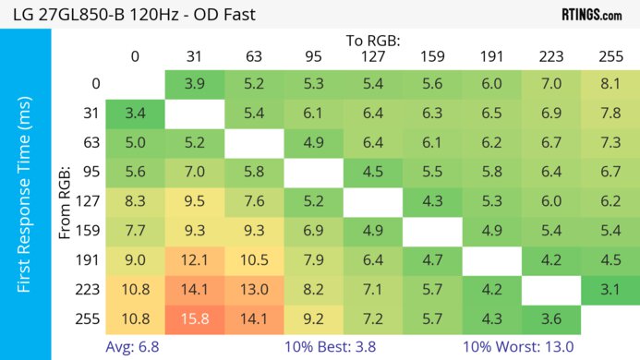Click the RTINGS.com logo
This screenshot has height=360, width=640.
(x=591, y=15)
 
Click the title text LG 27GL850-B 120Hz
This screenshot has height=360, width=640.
(x=129, y=15)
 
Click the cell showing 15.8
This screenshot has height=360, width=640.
(x=195, y=318)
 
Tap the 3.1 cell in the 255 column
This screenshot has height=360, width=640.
(x=610, y=288)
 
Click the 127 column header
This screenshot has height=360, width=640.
(x=373, y=56)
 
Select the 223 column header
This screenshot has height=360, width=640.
(x=550, y=56)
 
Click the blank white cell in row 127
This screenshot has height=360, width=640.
(x=373, y=200)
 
